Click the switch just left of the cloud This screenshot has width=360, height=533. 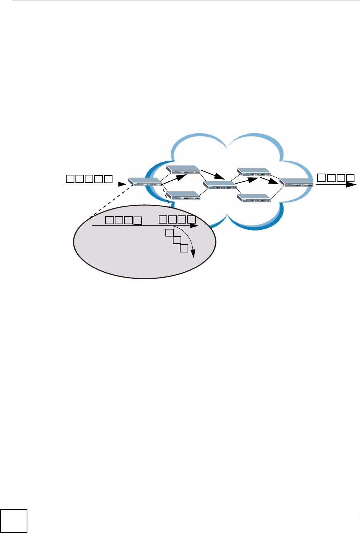tap(145, 182)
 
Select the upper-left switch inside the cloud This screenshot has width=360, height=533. tap(183, 170)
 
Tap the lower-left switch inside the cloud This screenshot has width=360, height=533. tap(183, 196)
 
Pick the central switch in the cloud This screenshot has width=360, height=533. tap(220, 185)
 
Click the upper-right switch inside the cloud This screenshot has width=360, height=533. tap(254, 172)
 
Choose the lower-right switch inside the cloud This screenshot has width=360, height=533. tap(254, 198)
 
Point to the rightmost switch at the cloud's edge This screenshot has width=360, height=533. tap(297, 182)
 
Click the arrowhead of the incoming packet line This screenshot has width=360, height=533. tap(122, 184)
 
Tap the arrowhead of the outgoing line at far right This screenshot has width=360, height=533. tap(351, 184)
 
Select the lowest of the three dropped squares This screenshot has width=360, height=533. tap(184, 248)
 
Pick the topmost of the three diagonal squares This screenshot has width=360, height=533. tap(169, 233)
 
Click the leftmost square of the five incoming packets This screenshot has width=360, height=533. tap(70, 179)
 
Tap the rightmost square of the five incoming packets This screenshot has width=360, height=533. tap(108, 179)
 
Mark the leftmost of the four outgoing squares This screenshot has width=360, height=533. tap(322, 178)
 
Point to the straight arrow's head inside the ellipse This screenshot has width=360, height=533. tap(195, 225)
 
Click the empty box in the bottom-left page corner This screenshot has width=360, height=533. tap(14, 521)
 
